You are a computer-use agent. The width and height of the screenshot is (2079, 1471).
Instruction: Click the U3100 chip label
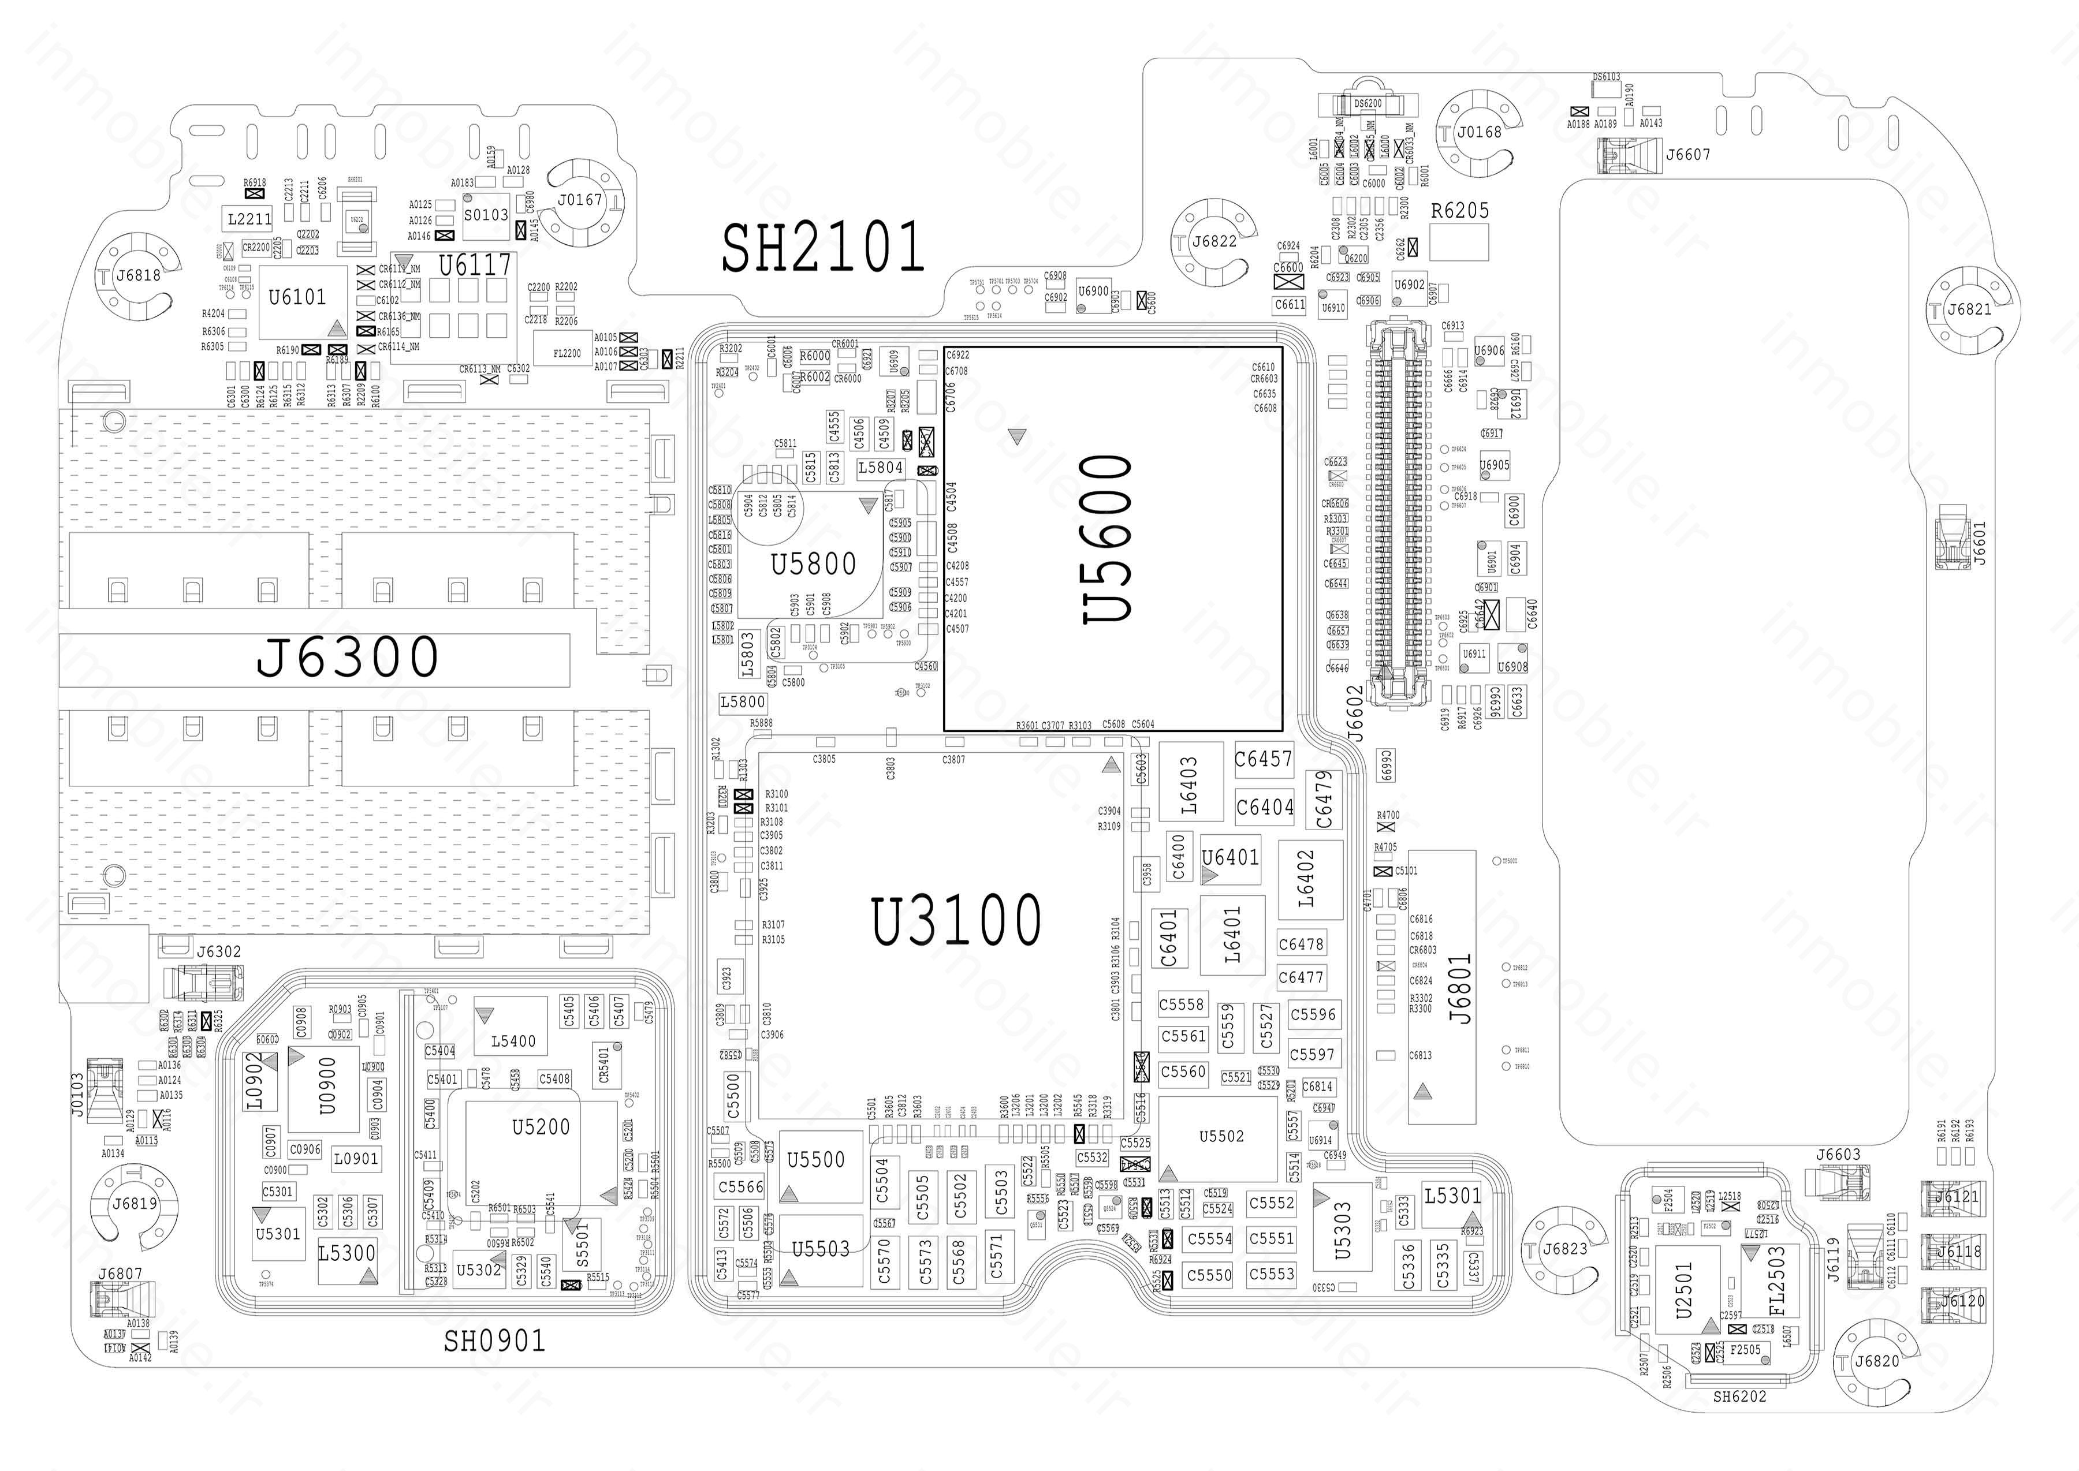tap(956, 920)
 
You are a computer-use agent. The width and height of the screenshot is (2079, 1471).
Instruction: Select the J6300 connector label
tap(348, 657)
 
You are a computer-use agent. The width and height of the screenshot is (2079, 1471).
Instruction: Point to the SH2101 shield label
tap(822, 247)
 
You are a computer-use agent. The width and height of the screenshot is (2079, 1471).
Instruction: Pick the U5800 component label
tap(813, 564)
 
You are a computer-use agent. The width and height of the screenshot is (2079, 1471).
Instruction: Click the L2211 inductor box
tap(249, 218)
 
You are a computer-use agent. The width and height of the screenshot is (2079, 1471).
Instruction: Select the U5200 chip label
tap(541, 1127)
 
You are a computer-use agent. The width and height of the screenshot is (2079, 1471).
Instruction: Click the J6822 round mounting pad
tap(1214, 241)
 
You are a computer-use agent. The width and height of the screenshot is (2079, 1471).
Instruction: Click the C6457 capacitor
tap(1264, 759)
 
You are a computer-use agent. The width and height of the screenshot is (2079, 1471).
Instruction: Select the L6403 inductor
tap(1188, 785)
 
